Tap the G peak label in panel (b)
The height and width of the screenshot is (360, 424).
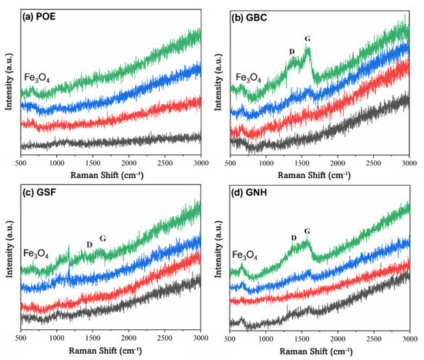(308, 38)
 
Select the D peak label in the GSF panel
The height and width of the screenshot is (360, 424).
(89, 244)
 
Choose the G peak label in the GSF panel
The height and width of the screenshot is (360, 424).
(104, 238)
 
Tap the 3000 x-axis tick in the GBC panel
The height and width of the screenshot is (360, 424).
(407, 164)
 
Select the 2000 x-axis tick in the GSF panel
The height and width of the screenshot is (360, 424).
(128, 338)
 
